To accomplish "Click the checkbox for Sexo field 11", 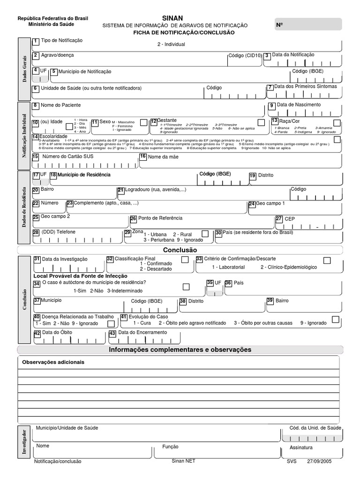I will [x=143, y=122].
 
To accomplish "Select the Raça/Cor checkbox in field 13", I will [x=336, y=123].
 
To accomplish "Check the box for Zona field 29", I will [x=205, y=233].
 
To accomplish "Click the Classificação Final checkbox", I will [x=185, y=260].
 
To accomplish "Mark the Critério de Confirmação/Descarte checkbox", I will [x=327, y=260].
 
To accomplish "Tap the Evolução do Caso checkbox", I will [x=335, y=319].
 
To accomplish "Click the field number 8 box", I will [x=35, y=105].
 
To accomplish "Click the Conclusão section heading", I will [x=180, y=250].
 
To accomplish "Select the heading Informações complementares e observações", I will [x=180, y=350].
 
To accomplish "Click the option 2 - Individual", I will [x=172, y=44].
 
